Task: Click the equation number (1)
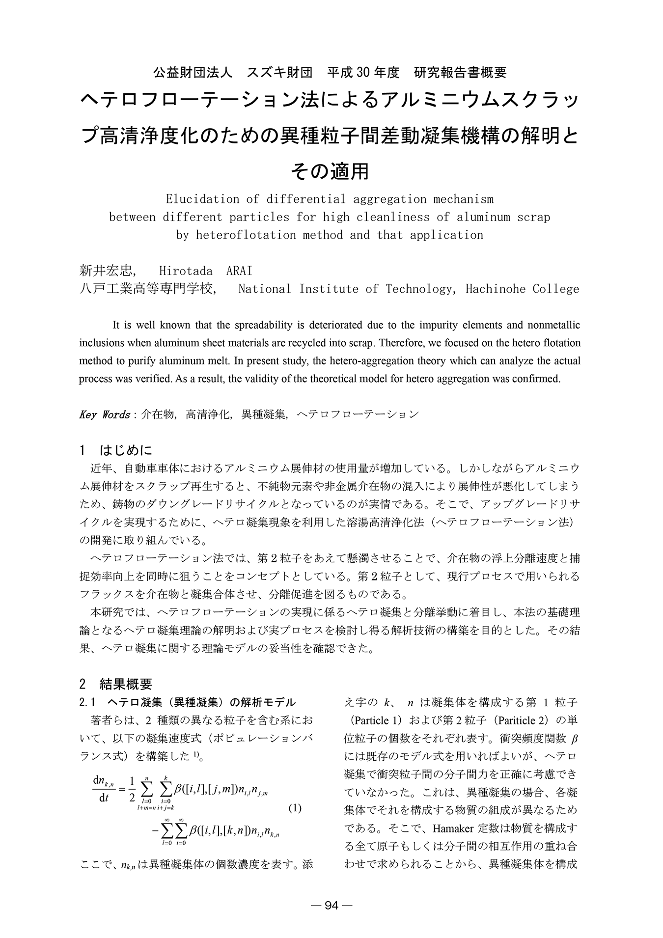(x=295, y=808)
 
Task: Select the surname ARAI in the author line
(x=239, y=271)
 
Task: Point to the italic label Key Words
(x=104, y=414)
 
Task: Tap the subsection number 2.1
(x=89, y=702)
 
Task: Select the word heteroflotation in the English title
(x=246, y=235)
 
